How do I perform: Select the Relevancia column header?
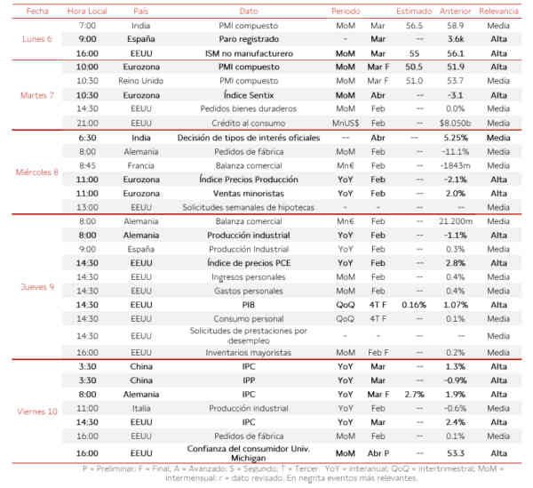click(498, 12)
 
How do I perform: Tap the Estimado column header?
click(414, 12)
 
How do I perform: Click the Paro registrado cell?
click(249, 39)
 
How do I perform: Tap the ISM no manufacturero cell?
click(249, 52)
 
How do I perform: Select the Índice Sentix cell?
click(249, 93)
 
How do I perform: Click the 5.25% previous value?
click(455, 139)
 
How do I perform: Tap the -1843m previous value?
click(455, 165)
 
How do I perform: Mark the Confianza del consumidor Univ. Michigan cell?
click(249, 452)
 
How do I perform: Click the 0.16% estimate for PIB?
click(414, 304)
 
